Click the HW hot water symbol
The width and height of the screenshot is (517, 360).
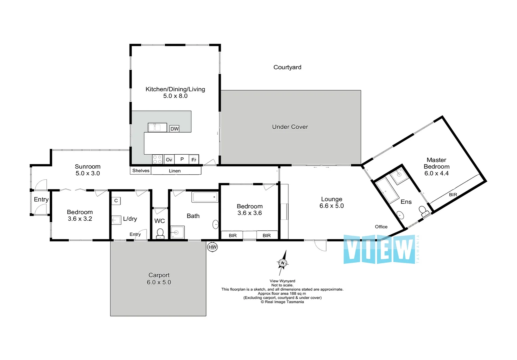pyautogui.click(x=212, y=247)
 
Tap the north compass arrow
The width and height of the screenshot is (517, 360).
pyautogui.click(x=283, y=262)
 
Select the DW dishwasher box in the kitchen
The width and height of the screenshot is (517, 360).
pyautogui.click(x=174, y=129)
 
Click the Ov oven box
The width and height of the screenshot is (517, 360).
pyautogui.click(x=169, y=160)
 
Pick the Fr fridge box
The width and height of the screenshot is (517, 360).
pyautogui.click(x=194, y=160)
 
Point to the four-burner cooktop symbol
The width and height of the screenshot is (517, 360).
pyautogui.click(x=157, y=159)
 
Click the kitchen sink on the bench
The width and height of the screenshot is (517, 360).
pyautogui.click(x=157, y=127)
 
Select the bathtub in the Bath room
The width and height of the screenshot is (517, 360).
pyautogui.click(x=205, y=197)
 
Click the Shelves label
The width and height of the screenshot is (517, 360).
pyautogui.click(x=141, y=171)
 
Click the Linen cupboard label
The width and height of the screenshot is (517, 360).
pyautogui.click(x=175, y=171)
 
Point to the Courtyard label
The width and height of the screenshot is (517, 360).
pyautogui.click(x=287, y=67)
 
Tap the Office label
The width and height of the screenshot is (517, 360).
pyautogui.click(x=381, y=227)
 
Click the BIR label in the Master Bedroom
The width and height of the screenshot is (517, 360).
pyautogui.click(x=453, y=195)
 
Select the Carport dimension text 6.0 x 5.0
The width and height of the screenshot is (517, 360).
pyautogui.click(x=159, y=282)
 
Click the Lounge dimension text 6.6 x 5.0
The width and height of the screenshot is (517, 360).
pyautogui.click(x=331, y=206)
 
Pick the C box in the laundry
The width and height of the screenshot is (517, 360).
pyautogui.click(x=116, y=201)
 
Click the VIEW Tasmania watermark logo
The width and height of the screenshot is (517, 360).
pyautogui.click(x=380, y=249)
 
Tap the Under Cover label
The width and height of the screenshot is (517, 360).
pyautogui.click(x=290, y=127)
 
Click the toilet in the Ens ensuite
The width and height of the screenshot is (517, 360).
pyautogui.click(x=423, y=211)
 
